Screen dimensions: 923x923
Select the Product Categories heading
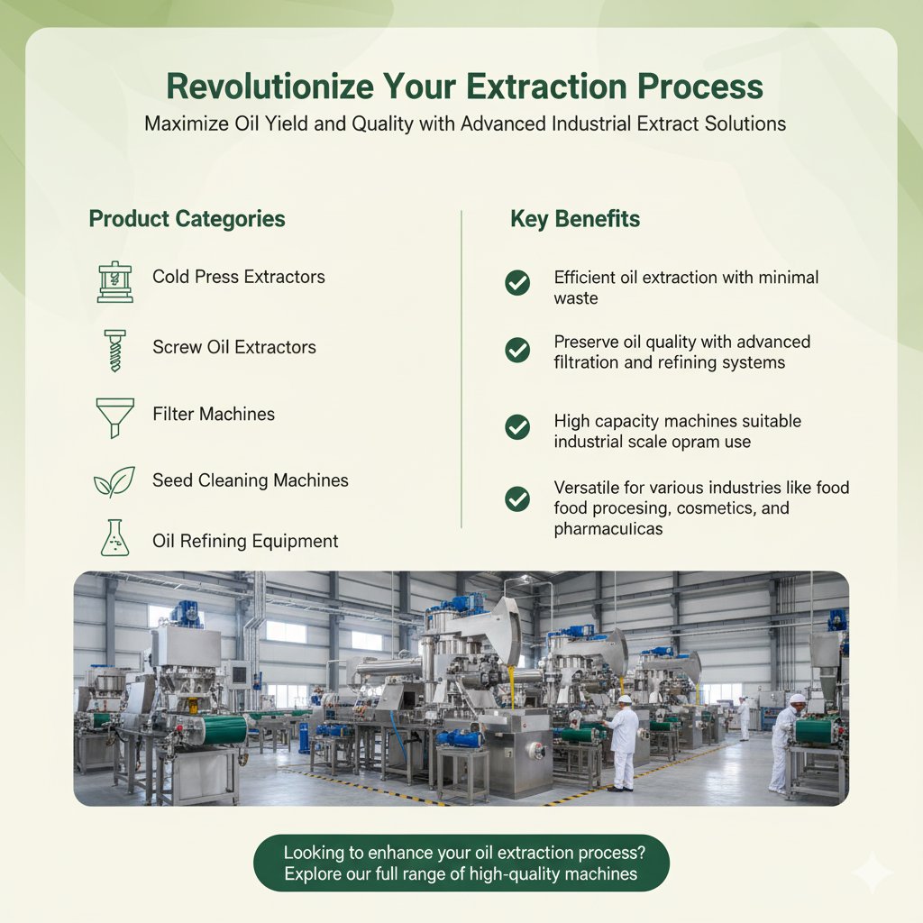pyautogui.click(x=187, y=219)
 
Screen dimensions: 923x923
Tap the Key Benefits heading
pyautogui.click(x=575, y=219)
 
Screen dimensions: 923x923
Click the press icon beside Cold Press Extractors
pyautogui.click(x=114, y=281)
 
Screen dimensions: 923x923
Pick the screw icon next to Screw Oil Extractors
pyautogui.click(x=114, y=350)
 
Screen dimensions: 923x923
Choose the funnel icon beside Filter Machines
pyautogui.click(x=114, y=417)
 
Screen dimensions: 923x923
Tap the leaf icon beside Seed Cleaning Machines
pyautogui.click(x=114, y=482)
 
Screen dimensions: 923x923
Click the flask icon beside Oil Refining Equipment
pyautogui.click(x=114, y=537)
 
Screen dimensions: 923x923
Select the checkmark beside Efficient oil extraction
pyautogui.click(x=517, y=283)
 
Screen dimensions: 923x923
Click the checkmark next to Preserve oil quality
pyautogui.click(x=517, y=350)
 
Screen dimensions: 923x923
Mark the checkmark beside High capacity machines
pyautogui.click(x=517, y=426)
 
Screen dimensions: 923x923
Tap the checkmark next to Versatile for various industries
pyautogui.click(x=517, y=498)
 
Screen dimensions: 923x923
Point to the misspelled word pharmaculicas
pyautogui.click(x=608, y=529)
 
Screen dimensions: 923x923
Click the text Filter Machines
pyautogui.click(x=214, y=415)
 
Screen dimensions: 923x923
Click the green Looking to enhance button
pyautogui.click(x=461, y=863)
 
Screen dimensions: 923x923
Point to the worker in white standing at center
pyautogui.click(x=622, y=742)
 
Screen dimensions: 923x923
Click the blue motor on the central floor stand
pyautogui.click(x=459, y=737)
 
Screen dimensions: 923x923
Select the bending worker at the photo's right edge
pyautogui.click(x=786, y=741)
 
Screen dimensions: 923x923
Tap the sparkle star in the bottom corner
pyautogui.click(x=872, y=873)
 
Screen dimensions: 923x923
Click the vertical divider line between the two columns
pyautogui.click(x=461, y=370)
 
